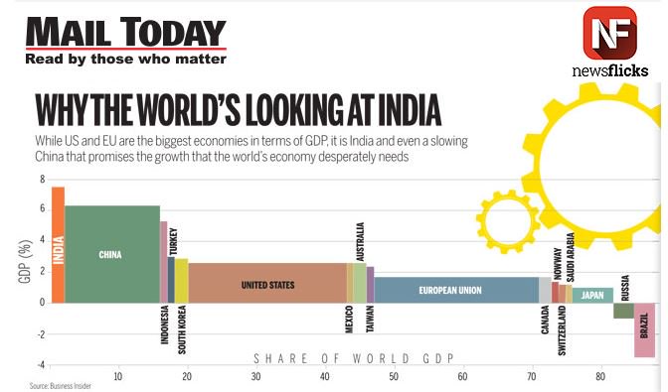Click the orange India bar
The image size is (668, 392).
(58, 244)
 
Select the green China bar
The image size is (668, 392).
(111, 254)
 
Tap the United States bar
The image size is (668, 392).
(267, 284)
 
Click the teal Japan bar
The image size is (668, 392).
(592, 295)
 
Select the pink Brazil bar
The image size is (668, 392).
(645, 329)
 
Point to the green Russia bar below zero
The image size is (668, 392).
(623, 311)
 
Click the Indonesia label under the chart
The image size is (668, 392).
(164, 324)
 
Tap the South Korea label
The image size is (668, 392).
(182, 328)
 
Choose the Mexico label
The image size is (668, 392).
(350, 320)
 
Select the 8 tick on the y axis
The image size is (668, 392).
(42, 180)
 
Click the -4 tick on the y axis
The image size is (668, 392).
(40, 365)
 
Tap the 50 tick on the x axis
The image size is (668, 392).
(394, 377)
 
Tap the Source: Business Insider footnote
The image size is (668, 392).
(60, 385)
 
